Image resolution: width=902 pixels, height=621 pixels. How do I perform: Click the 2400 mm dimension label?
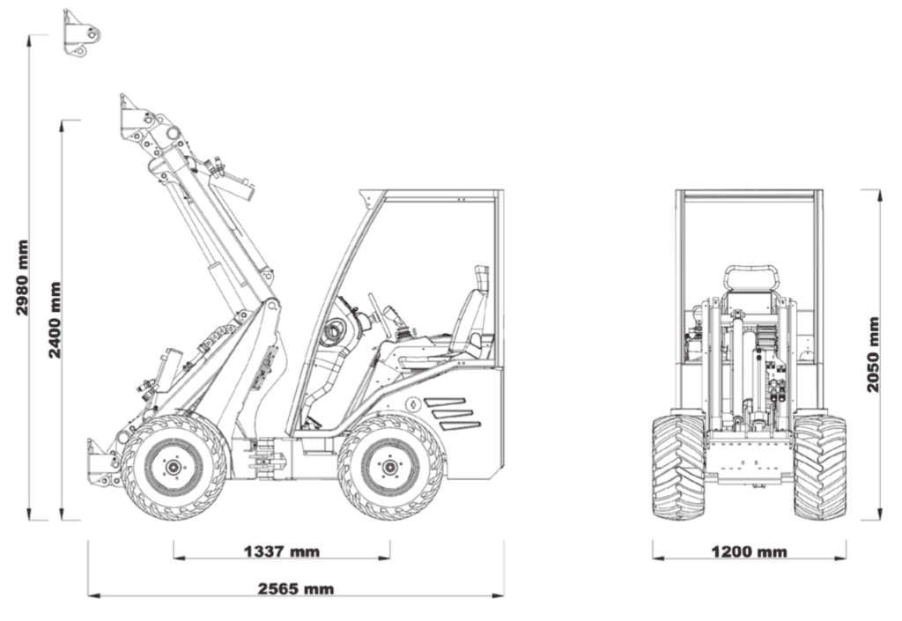(x=55, y=320)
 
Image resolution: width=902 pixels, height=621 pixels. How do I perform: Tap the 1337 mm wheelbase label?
(x=281, y=552)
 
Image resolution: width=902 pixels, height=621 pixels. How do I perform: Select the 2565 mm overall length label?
(x=295, y=589)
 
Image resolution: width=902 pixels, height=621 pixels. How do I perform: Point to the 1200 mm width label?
(x=749, y=552)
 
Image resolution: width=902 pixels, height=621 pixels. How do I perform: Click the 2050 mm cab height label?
(x=873, y=354)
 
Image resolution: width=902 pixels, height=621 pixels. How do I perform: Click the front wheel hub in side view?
(x=174, y=465)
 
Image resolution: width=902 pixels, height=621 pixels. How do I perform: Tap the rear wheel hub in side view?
(x=390, y=465)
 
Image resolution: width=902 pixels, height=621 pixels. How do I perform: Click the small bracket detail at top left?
(x=82, y=33)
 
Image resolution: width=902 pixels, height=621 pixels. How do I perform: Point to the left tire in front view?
(x=678, y=467)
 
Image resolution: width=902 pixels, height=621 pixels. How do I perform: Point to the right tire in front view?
(x=819, y=467)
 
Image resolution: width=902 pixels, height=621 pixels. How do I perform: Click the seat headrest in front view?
(x=750, y=277)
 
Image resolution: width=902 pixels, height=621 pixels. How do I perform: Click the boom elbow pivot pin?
(x=273, y=307)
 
